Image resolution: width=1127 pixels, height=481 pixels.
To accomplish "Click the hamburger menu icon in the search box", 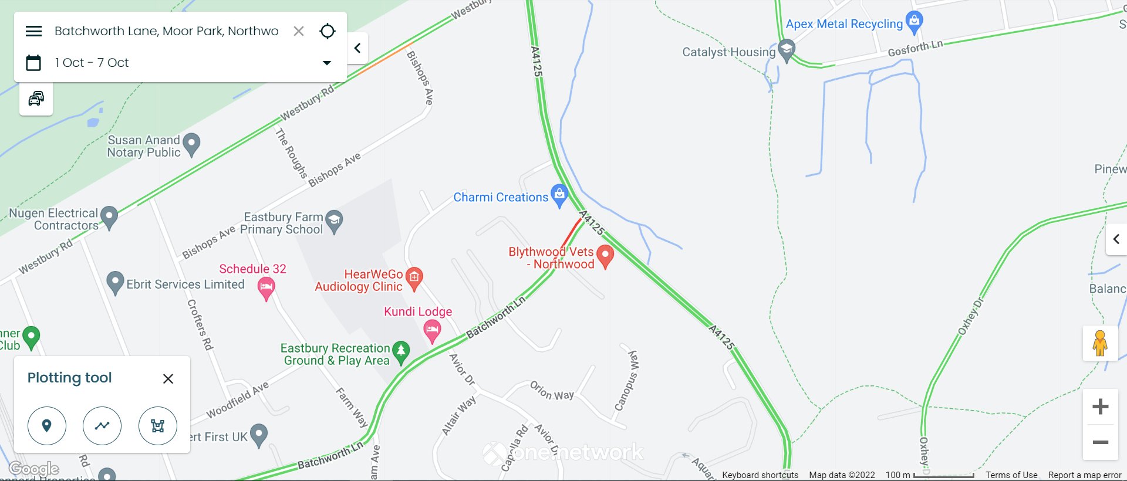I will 34,31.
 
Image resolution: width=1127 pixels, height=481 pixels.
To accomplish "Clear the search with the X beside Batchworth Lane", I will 299,31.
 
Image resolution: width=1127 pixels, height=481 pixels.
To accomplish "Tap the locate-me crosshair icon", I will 328,31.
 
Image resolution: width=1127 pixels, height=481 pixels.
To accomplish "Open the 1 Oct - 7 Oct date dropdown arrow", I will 327,63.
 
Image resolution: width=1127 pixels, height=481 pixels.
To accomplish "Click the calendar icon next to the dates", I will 33,63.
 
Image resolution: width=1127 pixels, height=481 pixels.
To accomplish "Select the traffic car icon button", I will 36,99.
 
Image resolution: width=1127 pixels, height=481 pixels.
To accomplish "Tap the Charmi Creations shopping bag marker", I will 560,195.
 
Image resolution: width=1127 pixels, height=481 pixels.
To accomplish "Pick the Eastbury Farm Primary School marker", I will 334,221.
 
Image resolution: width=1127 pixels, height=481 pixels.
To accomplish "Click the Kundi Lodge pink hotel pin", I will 433,330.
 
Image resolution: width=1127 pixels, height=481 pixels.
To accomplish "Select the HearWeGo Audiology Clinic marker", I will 414,277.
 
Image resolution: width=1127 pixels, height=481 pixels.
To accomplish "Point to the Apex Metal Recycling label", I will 844,24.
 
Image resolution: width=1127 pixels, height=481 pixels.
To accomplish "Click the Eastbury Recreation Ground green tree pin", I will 401,352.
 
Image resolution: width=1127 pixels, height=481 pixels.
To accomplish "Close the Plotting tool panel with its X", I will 168,379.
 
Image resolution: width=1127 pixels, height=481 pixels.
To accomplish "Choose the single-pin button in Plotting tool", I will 47,426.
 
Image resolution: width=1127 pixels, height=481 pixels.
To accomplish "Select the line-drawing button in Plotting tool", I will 102,426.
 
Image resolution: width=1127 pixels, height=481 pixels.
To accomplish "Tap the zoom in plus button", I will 1101,407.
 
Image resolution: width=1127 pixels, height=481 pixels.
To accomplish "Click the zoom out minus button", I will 1101,442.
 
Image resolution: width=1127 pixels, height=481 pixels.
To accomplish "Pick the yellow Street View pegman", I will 1100,343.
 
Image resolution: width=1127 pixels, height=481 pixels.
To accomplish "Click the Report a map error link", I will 1085,475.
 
